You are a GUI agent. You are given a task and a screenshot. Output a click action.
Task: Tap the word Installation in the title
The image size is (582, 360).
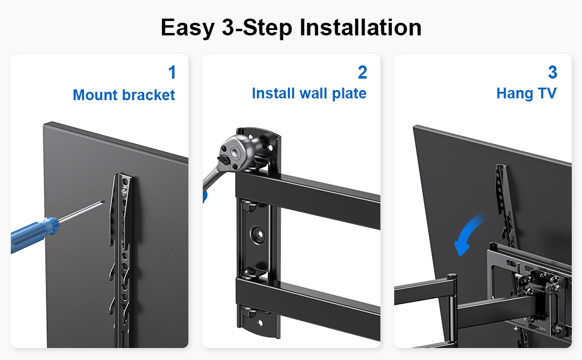click(361, 27)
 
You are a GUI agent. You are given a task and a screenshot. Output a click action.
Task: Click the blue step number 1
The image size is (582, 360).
click(172, 73)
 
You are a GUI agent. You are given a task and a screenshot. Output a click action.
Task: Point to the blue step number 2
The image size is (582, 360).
click(362, 73)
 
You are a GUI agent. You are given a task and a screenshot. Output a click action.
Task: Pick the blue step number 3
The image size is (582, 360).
click(553, 73)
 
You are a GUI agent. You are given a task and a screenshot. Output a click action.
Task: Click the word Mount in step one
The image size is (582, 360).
click(95, 95)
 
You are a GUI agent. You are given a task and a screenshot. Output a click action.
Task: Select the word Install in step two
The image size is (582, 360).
click(273, 93)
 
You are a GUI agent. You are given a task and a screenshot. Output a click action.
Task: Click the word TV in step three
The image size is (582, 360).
click(547, 93)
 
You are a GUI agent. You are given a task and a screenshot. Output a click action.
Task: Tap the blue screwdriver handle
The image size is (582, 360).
click(35, 235)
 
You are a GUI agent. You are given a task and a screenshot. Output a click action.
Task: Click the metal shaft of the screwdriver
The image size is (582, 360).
click(82, 212)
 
